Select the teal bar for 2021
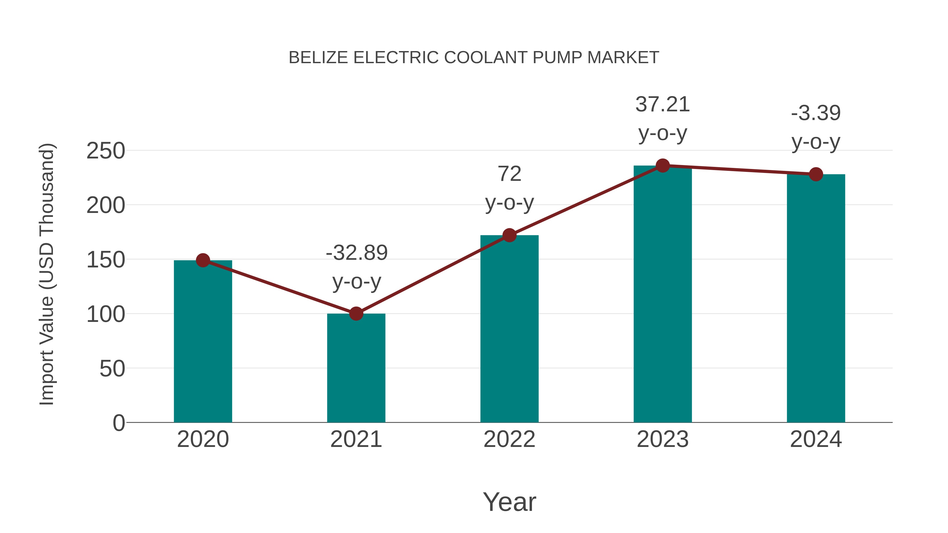356,368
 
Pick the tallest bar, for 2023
663,294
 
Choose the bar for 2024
816,298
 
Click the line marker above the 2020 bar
203,260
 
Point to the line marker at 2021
356,314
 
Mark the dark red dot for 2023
663,166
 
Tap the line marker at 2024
816,174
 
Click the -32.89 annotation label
357,253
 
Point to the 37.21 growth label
663,104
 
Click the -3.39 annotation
816,113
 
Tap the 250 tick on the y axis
106,151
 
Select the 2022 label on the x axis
509,439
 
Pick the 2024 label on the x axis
816,439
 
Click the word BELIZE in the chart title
318,57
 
